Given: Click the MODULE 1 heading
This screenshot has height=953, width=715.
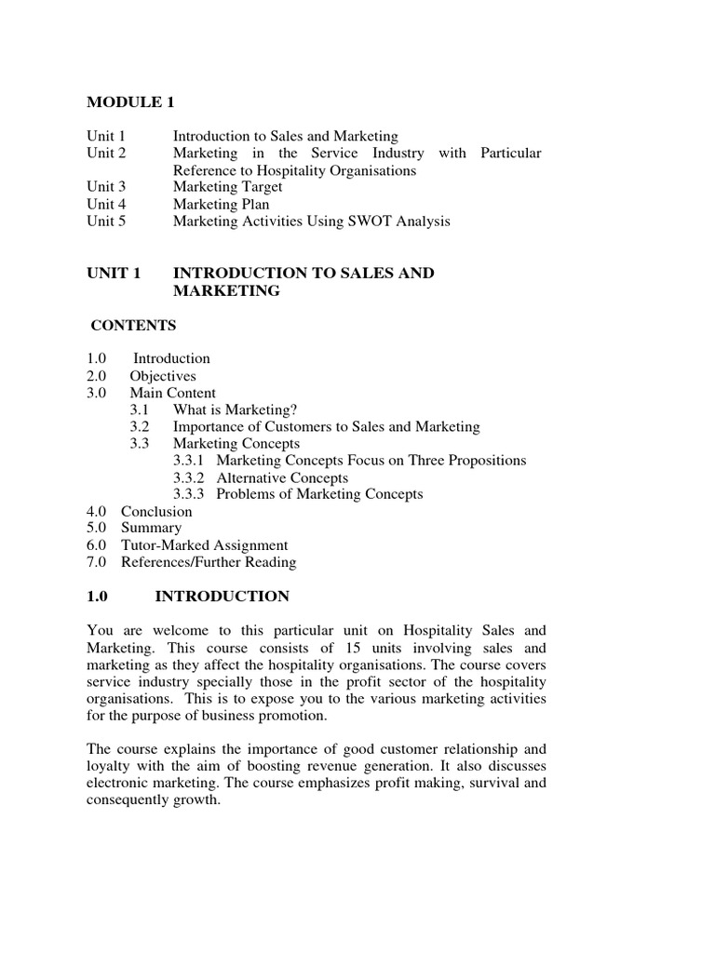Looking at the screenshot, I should click(x=130, y=101).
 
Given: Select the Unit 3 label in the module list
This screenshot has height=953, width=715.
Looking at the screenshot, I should click(x=105, y=187).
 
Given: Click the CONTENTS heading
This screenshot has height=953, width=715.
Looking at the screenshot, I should click(x=133, y=326).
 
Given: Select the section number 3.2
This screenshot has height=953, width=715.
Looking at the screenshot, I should click(x=140, y=426).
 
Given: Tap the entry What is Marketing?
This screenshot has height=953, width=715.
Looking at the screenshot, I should click(x=236, y=409).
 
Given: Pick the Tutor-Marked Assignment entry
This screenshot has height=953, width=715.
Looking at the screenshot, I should click(x=205, y=545).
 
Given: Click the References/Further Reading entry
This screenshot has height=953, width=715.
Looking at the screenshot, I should click(x=209, y=562).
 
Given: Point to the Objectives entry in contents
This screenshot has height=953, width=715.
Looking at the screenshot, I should click(x=163, y=376).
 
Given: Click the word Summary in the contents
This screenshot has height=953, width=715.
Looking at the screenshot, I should click(x=152, y=528).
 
